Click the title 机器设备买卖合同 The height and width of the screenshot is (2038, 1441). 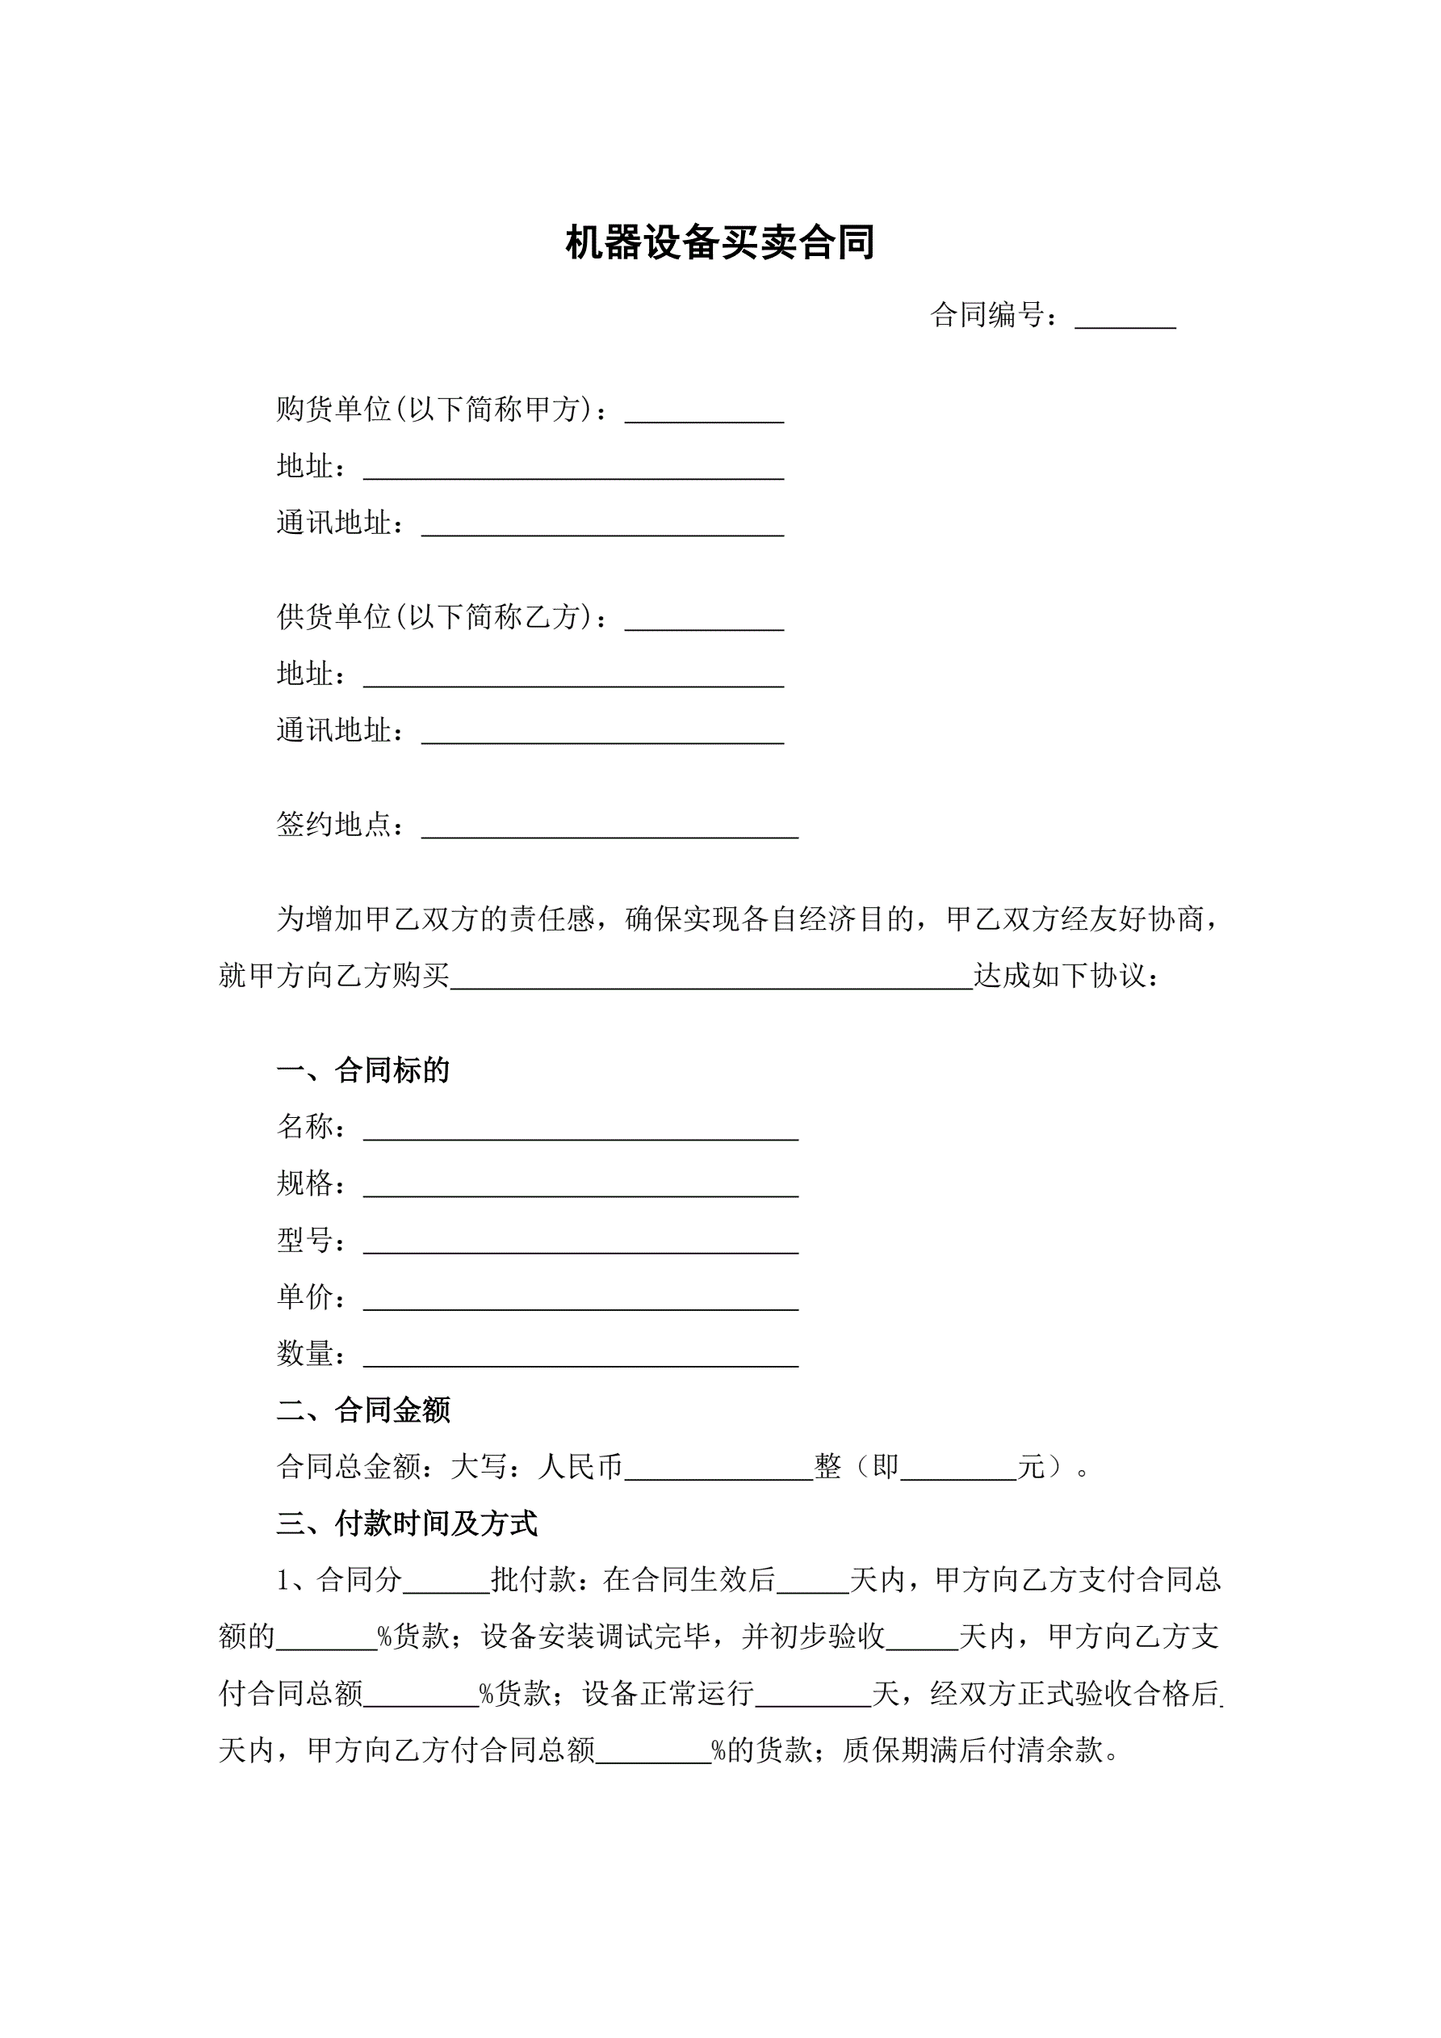719,243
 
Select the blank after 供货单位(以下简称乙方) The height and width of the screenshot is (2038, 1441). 704,620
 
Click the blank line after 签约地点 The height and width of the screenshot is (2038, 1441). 609,829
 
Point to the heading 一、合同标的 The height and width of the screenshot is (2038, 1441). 363,1070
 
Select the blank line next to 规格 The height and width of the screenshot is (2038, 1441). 580,1187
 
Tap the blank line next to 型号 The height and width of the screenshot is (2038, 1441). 580,1245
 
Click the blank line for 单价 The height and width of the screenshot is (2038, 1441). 580,1301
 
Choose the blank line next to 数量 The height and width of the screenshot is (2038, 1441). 580,1358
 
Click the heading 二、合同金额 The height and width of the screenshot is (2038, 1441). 363,1410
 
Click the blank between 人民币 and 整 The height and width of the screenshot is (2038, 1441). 718,1471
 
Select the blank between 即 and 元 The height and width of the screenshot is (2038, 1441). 957,1471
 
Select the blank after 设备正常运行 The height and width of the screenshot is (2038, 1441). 813,1697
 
